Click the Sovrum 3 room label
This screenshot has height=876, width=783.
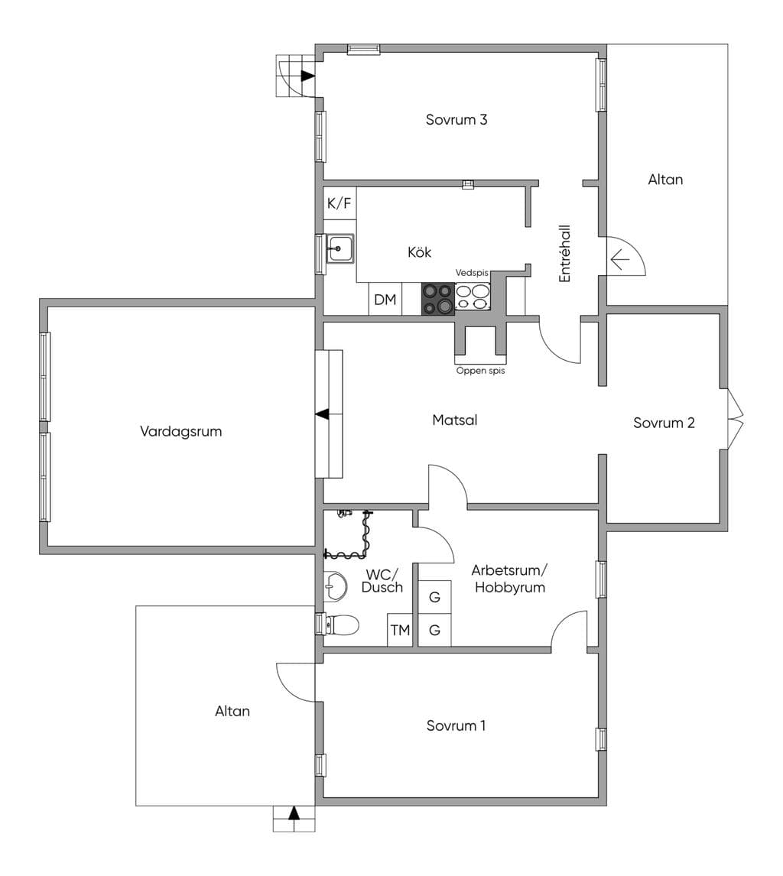tap(456, 119)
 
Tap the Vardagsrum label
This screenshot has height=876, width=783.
tap(180, 431)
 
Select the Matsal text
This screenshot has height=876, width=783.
tap(454, 420)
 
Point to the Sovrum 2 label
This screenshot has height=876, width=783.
tap(664, 423)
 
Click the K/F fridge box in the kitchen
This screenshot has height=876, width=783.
tap(340, 203)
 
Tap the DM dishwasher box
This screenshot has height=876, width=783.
tap(385, 300)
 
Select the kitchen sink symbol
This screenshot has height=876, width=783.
tap(340, 248)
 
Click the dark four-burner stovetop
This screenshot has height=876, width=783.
tap(437, 299)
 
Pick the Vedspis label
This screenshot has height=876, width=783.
tap(472, 273)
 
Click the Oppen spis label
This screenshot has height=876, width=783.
tap(480, 371)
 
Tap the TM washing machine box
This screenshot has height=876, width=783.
tap(400, 630)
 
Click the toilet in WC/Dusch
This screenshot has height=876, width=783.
tap(341, 625)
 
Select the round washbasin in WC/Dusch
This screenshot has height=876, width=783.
tap(335, 586)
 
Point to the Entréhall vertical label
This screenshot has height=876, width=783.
tap(565, 254)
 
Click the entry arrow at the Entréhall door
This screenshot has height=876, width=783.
tap(619, 260)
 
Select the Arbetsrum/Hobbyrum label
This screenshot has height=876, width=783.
tap(509, 579)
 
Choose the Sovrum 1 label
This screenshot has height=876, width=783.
tap(456, 725)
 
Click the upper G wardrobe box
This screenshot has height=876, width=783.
tap(434, 597)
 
